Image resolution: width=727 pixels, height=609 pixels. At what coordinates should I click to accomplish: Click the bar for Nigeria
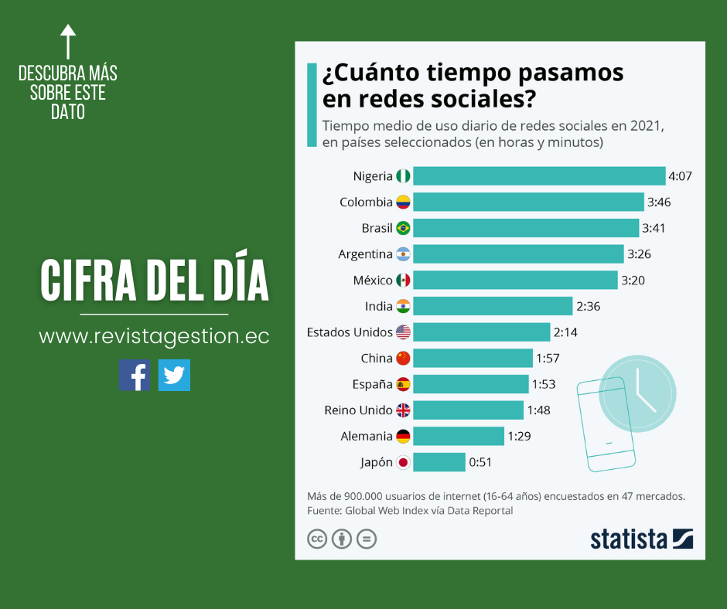click(x=539, y=176)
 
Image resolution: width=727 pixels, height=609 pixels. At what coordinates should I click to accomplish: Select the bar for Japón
click(x=439, y=462)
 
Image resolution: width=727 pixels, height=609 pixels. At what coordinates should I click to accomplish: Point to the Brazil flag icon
click(x=403, y=229)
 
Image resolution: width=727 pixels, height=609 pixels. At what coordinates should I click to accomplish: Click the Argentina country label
click(x=365, y=254)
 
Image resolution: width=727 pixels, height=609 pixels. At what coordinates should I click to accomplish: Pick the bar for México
click(x=515, y=280)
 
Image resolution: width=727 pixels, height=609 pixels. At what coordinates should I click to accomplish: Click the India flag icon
click(x=403, y=306)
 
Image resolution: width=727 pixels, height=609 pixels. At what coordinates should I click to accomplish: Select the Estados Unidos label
click(x=350, y=332)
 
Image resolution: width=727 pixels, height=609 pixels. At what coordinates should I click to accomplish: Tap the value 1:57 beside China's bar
click(x=548, y=359)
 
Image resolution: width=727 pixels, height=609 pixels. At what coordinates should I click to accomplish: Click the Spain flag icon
click(x=403, y=384)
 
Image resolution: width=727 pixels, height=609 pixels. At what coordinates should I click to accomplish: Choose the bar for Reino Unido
click(x=468, y=410)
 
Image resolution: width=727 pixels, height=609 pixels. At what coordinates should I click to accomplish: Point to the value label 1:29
click(x=520, y=437)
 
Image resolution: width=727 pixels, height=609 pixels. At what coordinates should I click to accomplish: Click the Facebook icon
click(x=134, y=375)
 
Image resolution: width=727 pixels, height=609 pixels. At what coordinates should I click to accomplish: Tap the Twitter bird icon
click(x=174, y=375)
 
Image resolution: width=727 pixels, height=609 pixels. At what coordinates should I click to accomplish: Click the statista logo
click(x=641, y=539)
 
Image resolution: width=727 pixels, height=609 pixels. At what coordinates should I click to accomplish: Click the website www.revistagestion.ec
click(x=154, y=337)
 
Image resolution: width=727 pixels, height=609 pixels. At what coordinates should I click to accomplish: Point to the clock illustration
click(x=637, y=393)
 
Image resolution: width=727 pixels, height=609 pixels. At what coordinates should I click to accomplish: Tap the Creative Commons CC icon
click(x=317, y=539)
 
